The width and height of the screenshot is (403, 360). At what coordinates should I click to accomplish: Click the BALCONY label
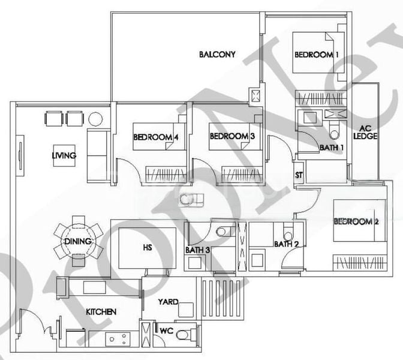pos(217,55)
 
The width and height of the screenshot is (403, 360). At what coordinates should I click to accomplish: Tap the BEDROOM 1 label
pos(317,55)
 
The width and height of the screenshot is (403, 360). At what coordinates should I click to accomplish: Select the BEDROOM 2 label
pos(356,221)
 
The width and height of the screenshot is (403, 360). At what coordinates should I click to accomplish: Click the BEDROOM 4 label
pos(156,137)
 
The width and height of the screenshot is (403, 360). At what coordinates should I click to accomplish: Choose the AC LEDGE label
pos(365,132)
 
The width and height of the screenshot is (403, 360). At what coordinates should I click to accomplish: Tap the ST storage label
pos(299,175)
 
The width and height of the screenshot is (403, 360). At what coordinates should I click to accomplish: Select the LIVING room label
pos(64,156)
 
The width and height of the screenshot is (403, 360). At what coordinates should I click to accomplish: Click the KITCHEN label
pos(101,312)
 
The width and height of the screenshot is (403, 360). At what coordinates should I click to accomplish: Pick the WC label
pos(166,330)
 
